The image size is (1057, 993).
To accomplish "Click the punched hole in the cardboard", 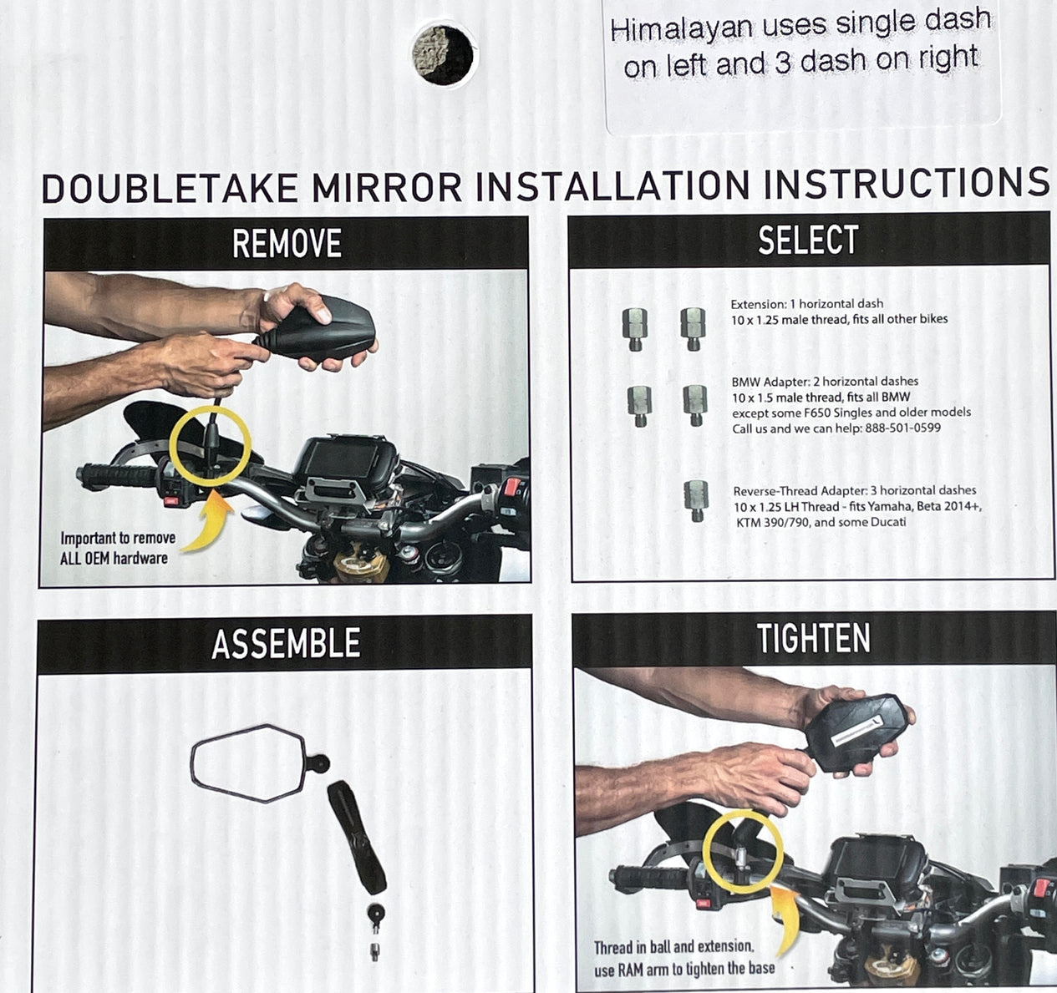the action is (x=444, y=55).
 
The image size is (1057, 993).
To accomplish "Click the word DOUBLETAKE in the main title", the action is (x=170, y=188).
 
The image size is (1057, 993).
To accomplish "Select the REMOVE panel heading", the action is (x=287, y=244).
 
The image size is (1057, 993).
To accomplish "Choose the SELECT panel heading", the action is (x=808, y=240).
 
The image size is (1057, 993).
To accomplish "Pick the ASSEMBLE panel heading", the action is (x=286, y=643).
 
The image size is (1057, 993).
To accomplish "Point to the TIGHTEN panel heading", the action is (x=813, y=638).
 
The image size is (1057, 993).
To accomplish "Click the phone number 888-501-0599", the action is (x=902, y=428).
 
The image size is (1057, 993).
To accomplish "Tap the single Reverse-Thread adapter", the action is (x=696, y=500).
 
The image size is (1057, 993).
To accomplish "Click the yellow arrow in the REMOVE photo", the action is (x=210, y=521).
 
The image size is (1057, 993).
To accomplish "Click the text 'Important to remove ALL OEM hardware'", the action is (x=118, y=548).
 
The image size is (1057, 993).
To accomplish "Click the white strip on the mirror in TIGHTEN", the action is (x=857, y=730).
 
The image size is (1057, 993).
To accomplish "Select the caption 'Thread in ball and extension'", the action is (x=673, y=947).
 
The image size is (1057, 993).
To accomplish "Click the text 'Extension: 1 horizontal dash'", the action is (x=807, y=304).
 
